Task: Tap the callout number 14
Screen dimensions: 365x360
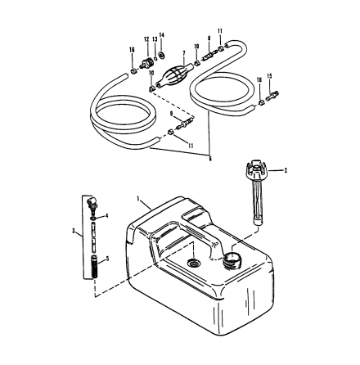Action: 162,35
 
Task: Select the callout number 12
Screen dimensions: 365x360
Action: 146,39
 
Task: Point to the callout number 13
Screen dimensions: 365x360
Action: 155,39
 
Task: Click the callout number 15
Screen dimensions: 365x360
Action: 270,75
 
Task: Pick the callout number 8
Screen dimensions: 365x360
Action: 209,38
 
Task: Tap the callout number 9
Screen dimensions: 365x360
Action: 171,114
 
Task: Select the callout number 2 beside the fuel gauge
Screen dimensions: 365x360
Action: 286,170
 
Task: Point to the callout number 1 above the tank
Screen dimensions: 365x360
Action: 140,198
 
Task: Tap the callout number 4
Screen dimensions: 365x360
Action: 106,216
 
